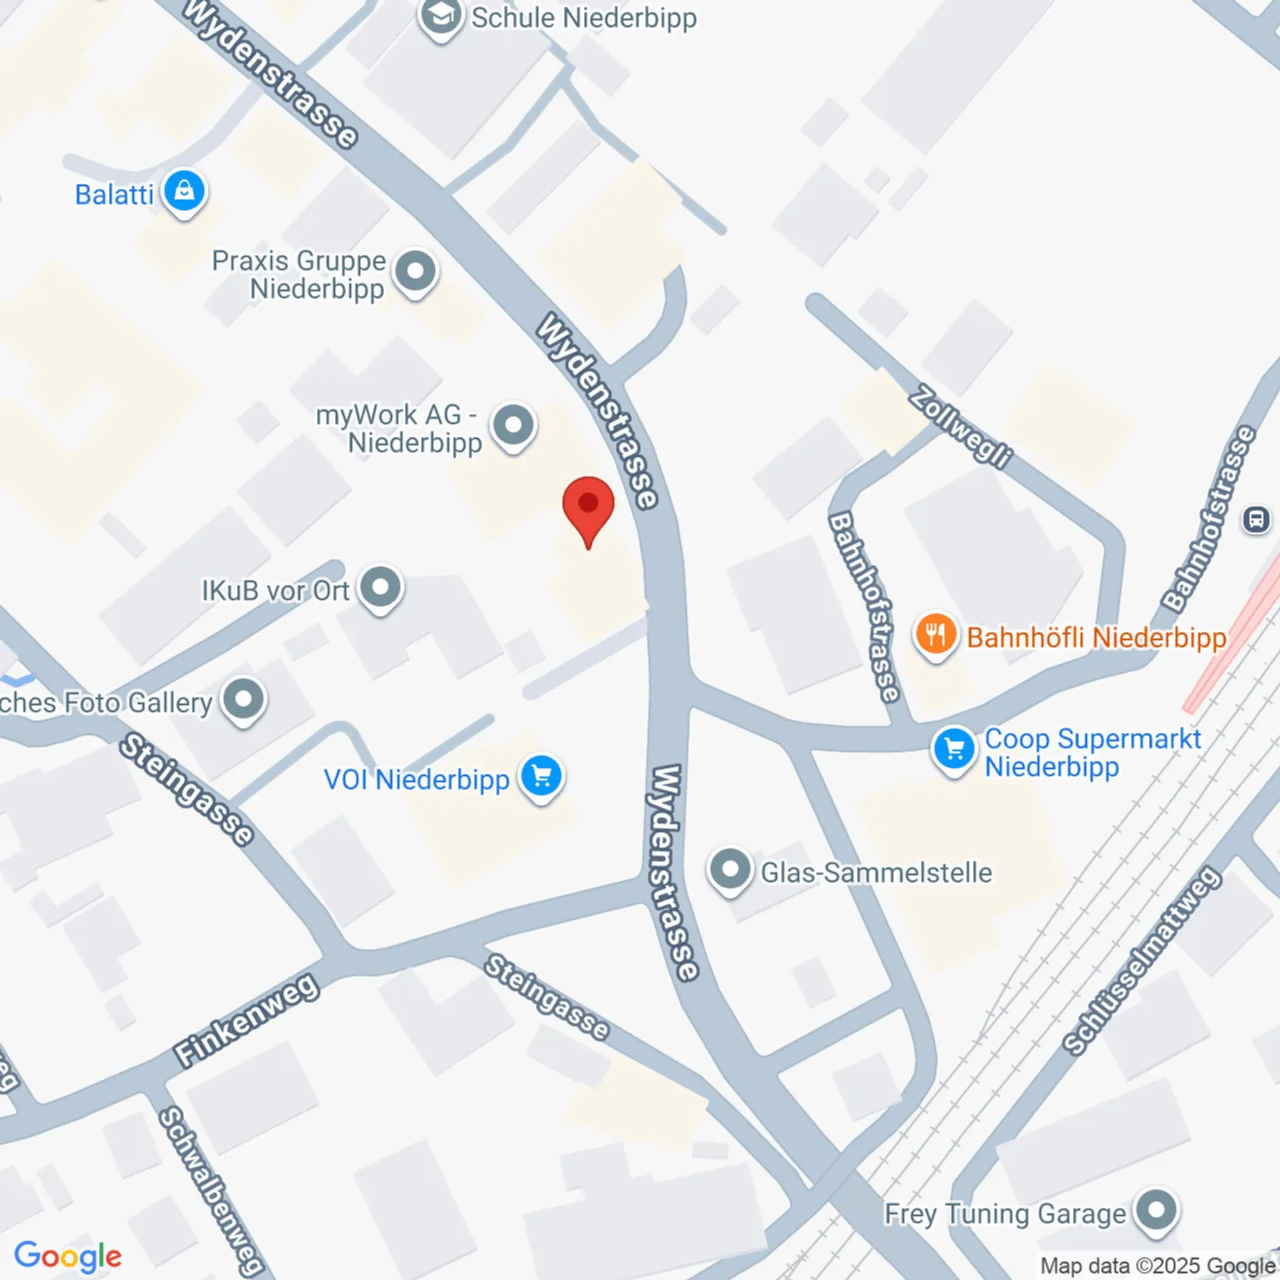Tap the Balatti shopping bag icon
point(184,191)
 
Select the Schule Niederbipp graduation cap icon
point(441,17)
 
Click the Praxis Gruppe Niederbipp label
point(299,275)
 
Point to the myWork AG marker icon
point(514,426)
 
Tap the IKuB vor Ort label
point(276,591)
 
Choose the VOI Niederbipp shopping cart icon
point(541,777)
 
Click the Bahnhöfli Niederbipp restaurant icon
point(935,635)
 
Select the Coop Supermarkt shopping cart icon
point(954,748)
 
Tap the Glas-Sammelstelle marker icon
point(730,869)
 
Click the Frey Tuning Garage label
point(1004,1214)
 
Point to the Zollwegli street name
point(960,427)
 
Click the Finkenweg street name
point(246,1020)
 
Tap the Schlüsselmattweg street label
point(1142,962)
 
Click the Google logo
point(68,1256)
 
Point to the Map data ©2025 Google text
point(1157,1266)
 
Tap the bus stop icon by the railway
point(1256,519)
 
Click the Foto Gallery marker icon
point(244,700)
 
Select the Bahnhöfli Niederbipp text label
point(1096,637)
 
